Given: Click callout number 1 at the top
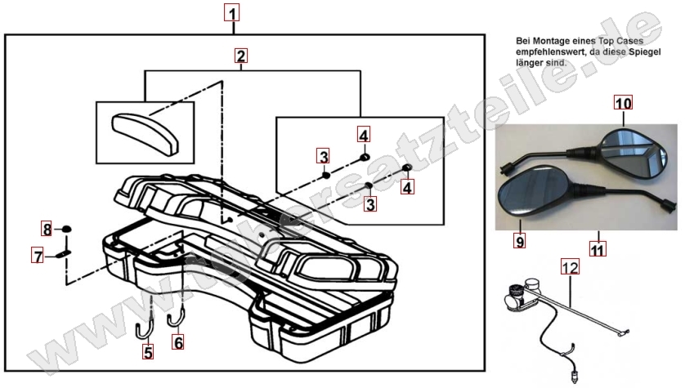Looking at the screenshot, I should click(x=233, y=13).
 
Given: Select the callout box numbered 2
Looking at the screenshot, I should click(x=240, y=56).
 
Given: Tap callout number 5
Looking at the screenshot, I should click(x=148, y=353).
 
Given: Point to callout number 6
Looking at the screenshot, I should click(x=178, y=343).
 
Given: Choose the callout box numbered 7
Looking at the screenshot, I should click(x=38, y=256).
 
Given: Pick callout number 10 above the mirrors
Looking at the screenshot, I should click(x=624, y=104).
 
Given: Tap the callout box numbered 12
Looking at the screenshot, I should click(x=570, y=265).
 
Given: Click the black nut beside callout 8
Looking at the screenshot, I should click(x=65, y=230).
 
